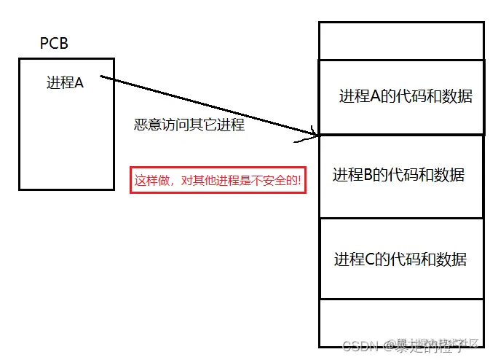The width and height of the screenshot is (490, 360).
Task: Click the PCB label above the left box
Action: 55,44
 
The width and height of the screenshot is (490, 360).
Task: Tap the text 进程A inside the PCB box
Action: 65,82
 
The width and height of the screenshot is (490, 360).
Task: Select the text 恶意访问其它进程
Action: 189,125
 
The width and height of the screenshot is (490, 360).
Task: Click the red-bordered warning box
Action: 218,179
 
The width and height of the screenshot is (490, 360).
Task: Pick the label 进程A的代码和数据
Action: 406,96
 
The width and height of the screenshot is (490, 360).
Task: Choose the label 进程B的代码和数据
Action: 398,175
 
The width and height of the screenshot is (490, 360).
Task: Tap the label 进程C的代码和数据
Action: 400,259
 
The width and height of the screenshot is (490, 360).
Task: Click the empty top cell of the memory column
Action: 401,41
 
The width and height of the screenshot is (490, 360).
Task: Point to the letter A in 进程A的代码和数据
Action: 376,96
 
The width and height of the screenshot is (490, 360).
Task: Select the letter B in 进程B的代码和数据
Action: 368,175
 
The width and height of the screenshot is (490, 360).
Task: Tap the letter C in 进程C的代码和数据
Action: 371,259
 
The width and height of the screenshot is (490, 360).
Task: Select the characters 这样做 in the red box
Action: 153,179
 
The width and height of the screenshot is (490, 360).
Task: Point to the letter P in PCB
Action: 44,44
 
